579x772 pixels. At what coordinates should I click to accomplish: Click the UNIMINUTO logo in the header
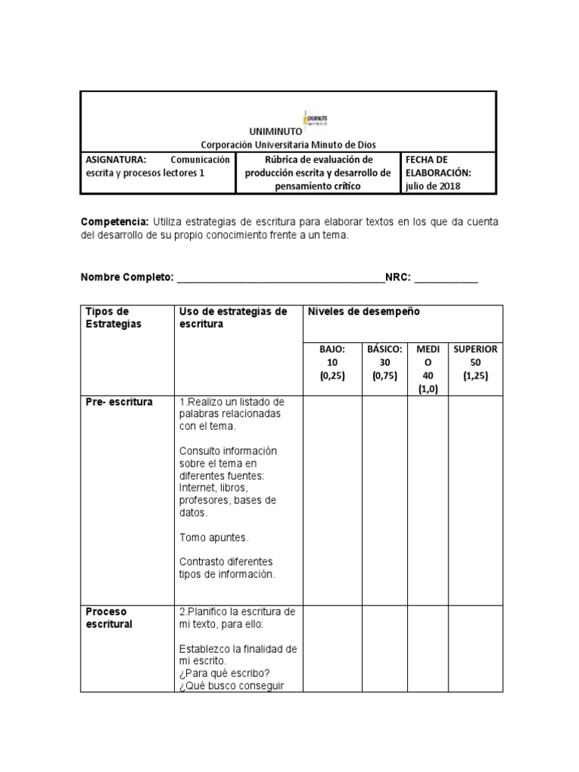320,119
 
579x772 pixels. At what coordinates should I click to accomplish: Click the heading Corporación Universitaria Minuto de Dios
287,144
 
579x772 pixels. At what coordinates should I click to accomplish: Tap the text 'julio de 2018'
434,185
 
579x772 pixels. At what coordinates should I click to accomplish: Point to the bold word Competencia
115,222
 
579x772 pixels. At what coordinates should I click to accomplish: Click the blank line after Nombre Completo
280,277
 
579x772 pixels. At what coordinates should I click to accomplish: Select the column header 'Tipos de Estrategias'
114,317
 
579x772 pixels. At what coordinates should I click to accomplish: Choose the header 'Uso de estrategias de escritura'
233,317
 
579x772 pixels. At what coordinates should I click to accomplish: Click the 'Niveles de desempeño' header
363,311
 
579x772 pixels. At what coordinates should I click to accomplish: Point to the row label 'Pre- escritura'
119,402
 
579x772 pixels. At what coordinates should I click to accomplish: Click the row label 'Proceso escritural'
109,617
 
